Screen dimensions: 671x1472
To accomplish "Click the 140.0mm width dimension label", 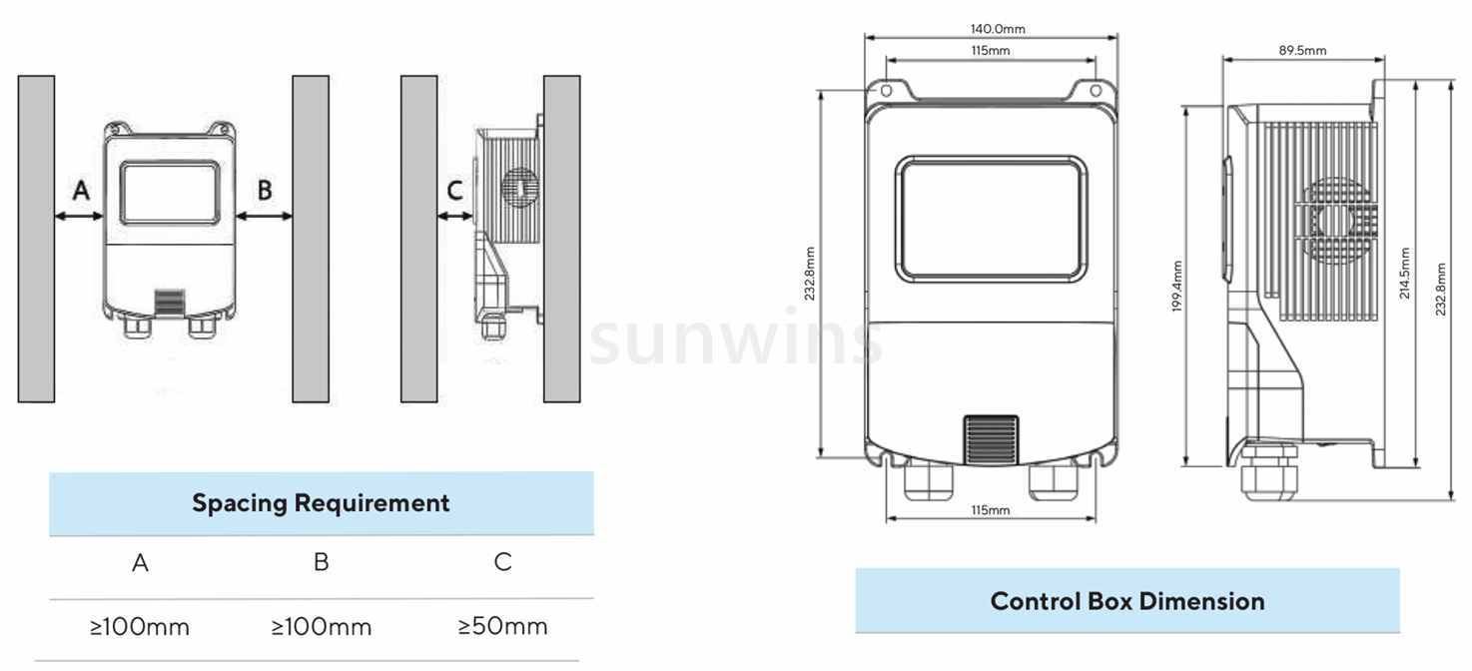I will point(998,29).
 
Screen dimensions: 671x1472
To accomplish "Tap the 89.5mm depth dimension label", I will point(1302,50).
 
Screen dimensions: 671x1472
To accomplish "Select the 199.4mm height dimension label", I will point(1177,287).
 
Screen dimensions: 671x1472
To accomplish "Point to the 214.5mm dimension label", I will point(1406,273).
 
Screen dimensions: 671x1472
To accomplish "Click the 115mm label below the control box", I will point(990,510).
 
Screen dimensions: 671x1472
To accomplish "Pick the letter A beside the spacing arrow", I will point(82,189).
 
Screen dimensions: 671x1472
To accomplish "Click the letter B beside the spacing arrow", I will point(265,189).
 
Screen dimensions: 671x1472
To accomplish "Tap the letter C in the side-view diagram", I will point(454,190).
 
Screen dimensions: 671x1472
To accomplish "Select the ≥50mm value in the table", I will point(502,627).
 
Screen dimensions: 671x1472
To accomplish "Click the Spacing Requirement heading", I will point(321,503).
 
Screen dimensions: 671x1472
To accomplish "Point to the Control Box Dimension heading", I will point(1126,601).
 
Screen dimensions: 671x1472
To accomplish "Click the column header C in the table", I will point(502,562).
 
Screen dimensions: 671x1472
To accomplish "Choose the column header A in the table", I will point(140,563).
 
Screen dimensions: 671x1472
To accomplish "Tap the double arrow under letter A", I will point(80,215).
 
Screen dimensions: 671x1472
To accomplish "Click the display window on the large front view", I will point(991,218).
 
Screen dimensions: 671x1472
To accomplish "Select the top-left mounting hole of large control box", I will point(885,91).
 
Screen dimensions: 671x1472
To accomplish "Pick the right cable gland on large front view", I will point(1052,480).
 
